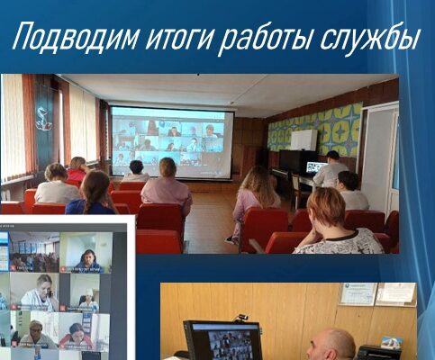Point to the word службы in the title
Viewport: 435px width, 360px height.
point(368,37)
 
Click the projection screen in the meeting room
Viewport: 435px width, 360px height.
point(171,142)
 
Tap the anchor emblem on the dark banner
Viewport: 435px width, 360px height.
point(43,119)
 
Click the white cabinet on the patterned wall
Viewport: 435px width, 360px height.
point(304,140)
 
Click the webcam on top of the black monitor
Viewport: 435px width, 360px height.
point(243,318)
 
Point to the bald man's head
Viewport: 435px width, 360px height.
point(331,344)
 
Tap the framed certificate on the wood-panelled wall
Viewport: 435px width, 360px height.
point(358,294)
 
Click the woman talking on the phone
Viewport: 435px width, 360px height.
point(40,292)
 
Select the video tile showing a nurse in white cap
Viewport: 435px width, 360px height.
point(79,292)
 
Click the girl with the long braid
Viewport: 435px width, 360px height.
point(93,193)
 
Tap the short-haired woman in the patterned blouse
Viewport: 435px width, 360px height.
point(332,222)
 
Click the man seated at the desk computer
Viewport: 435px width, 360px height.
point(330,169)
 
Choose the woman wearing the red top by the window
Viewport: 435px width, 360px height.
point(77,169)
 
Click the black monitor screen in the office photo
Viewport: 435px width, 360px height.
point(223,341)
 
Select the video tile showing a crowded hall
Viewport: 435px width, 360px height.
point(34,252)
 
